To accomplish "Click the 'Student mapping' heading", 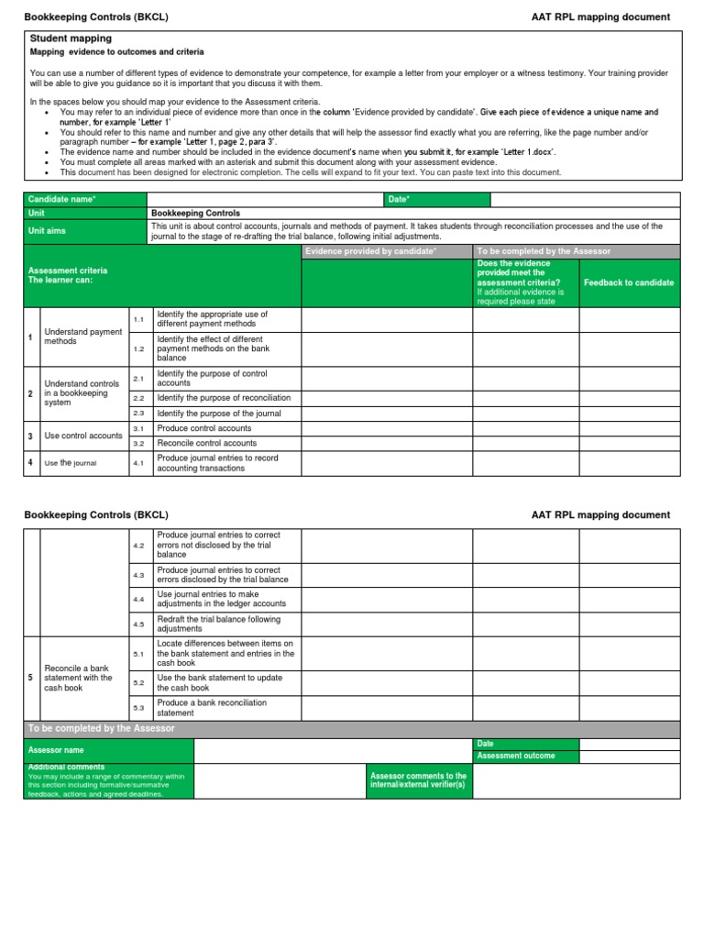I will pos(71,39).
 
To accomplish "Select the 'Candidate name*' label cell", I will pos(84,199).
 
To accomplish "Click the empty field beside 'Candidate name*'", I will pos(264,199).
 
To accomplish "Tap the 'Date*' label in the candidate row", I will pos(436,199).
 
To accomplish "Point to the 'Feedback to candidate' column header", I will pos(629,282).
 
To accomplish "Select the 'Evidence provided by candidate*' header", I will pos(386,250).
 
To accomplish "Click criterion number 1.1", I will pos(139,319).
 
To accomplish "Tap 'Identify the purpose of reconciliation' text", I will pos(224,398).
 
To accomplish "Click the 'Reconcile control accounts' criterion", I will pos(207,443).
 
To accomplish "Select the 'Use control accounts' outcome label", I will pos(82,436).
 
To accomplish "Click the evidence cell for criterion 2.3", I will pos(386,414).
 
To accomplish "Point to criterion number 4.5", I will pos(139,624).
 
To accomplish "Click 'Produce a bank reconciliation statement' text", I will pos(212,707).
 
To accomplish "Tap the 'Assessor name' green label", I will pos(108,750).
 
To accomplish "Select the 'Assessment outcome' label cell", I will pos(524,756).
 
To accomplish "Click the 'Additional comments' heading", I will pos(66,767).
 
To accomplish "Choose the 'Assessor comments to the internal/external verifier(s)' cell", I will pos(419,780).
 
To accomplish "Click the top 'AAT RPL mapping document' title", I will pos(600,17).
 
